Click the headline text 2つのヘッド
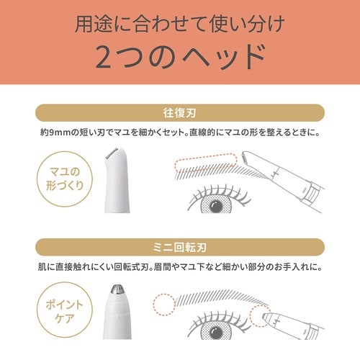click(x=181, y=58)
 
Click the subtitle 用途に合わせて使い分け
click(x=180, y=24)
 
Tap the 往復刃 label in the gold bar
click(x=180, y=113)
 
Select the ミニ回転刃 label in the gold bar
click(x=180, y=247)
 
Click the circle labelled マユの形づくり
click(x=65, y=179)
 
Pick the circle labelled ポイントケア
click(x=65, y=311)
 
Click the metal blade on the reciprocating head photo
click(x=112, y=153)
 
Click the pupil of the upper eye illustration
click(x=216, y=206)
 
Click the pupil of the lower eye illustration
click(x=216, y=333)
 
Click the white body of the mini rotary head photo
click(x=117, y=316)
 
